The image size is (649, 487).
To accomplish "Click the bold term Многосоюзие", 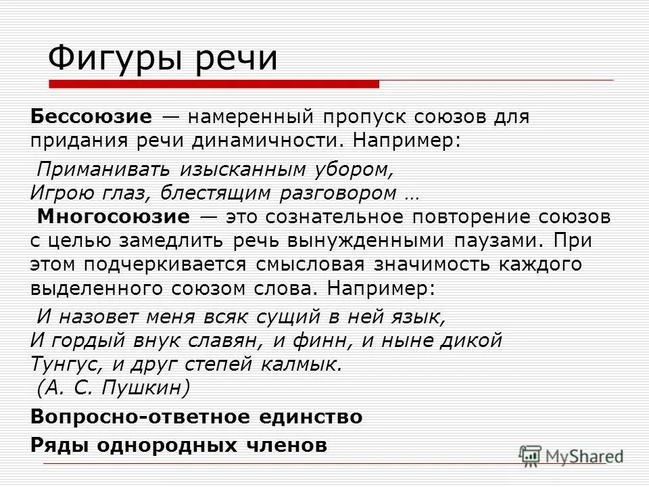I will click(x=114, y=217).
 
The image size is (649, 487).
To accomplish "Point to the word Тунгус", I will click(x=66, y=364).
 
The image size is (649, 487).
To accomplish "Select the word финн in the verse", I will click(x=327, y=340).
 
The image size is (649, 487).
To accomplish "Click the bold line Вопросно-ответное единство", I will click(x=197, y=417).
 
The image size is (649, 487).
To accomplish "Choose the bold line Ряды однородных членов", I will click(x=179, y=446).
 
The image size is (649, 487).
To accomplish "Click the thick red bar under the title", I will click(x=214, y=84).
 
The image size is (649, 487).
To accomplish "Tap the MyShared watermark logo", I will click(x=571, y=455).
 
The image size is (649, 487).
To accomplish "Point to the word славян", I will click(x=260, y=340).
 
